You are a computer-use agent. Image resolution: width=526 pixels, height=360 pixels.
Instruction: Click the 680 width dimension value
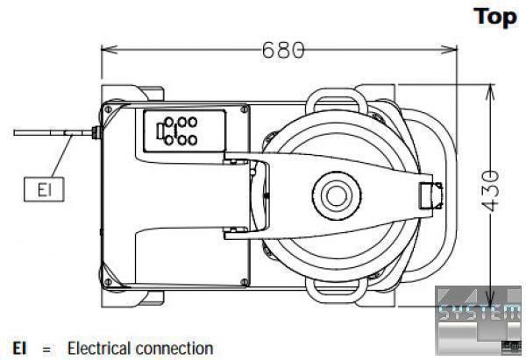(283, 50)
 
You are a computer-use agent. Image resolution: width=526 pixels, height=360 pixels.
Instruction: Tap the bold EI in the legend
(18, 348)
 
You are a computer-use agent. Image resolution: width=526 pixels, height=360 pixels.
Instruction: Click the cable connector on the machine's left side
(94, 134)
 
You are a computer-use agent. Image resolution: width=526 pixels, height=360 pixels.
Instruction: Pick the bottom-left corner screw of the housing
(109, 281)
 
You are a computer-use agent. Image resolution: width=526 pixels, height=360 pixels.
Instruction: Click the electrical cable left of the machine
(44, 134)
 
